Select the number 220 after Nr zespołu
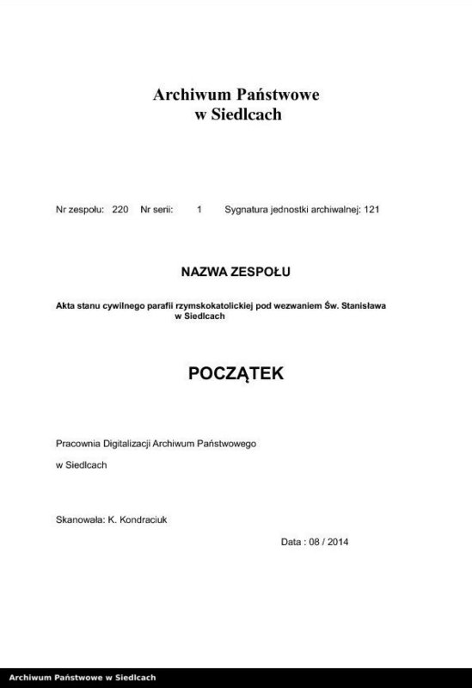pos(120,209)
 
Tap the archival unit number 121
pos(371,209)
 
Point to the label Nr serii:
pos(156,209)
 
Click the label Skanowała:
pos(79,519)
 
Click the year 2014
pos(338,542)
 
